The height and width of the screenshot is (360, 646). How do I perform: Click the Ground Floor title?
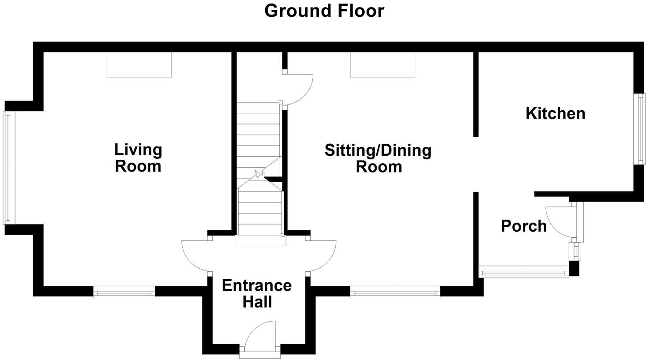[x=324, y=11]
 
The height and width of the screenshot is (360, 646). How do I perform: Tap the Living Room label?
[x=138, y=158]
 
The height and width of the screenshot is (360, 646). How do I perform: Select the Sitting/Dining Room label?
[x=378, y=158]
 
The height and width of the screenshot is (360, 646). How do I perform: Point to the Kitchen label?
[x=555, y=113]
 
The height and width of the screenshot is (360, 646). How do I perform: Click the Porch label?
[x=524, y=226]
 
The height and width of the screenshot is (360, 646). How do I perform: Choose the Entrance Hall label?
[x=257, y=294]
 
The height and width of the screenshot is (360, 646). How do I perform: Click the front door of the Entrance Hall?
[x=260, y=337]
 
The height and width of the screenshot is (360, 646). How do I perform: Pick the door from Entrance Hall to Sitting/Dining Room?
[x=322, y=256]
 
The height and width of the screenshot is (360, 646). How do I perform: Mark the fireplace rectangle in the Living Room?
[x=139, y=65]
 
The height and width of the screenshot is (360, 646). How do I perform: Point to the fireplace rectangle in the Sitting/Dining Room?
[x=383, y=65]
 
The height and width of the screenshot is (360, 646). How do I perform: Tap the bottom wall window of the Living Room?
[x=124, y=292]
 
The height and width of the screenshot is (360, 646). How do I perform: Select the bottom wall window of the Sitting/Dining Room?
[x=395, y=292]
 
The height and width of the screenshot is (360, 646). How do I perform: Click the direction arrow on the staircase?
[x=259, y=175]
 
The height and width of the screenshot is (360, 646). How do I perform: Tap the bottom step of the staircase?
[x=260, y=241]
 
